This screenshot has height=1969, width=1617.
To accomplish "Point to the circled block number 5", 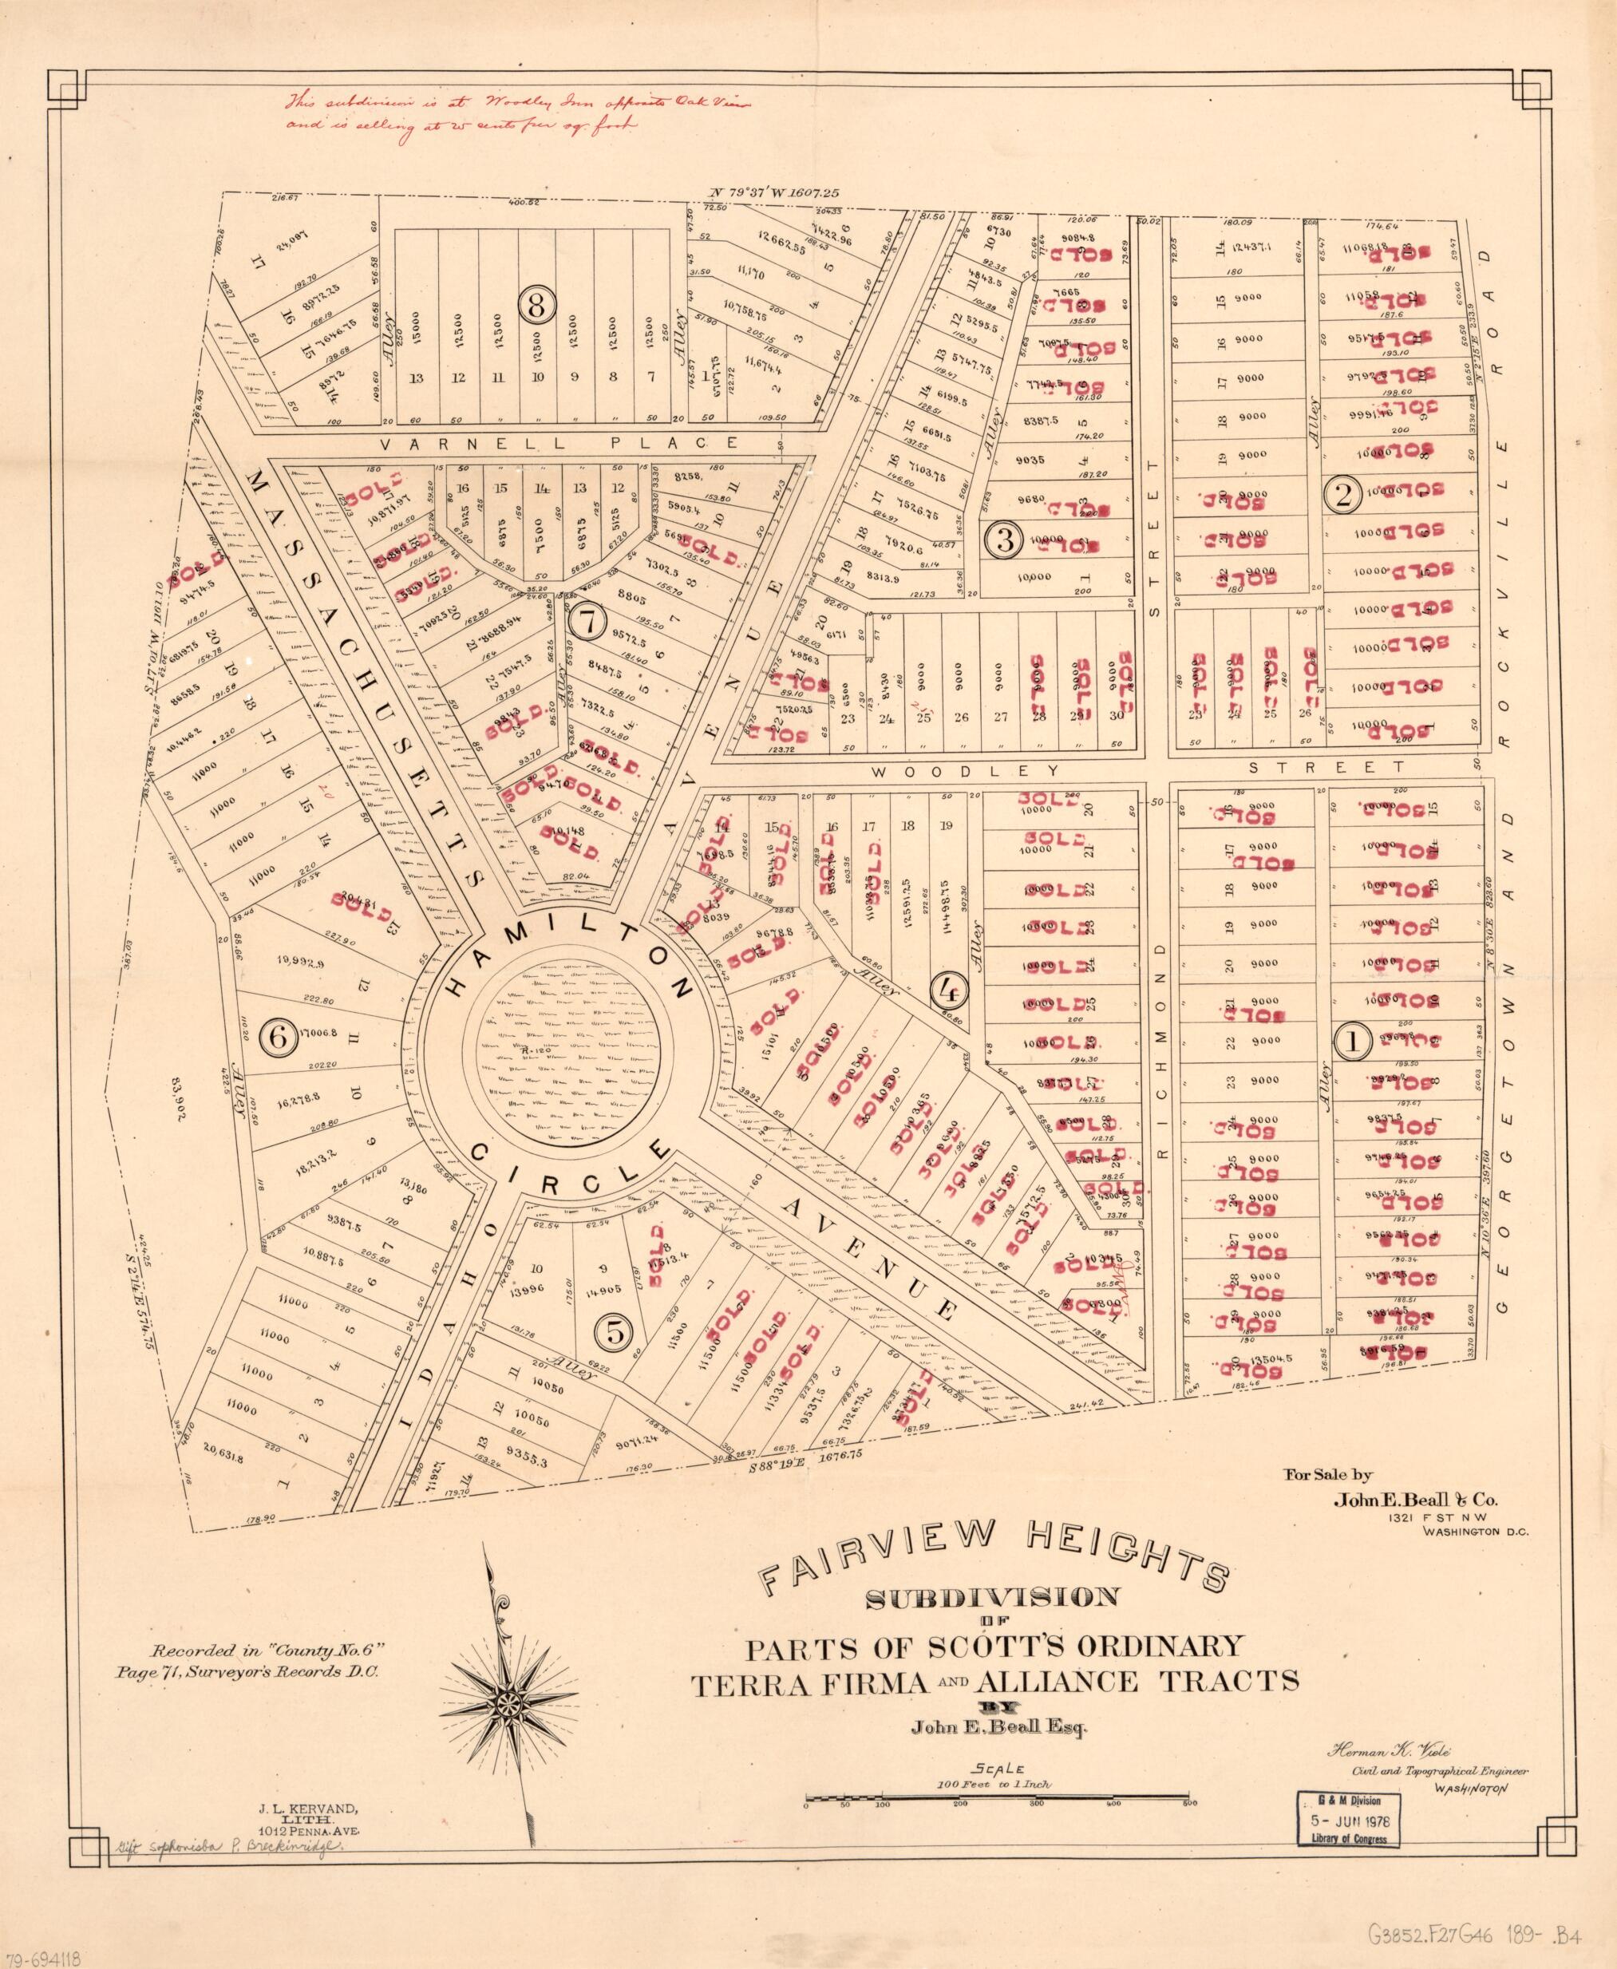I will (x=615, y=1333).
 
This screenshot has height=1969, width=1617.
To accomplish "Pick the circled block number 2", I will (x=1343, y=496).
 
